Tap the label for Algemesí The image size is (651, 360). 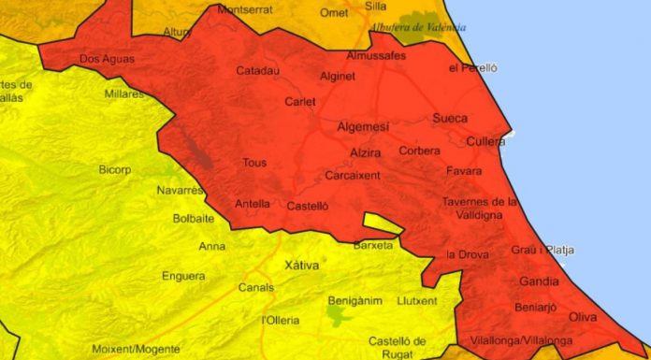362,126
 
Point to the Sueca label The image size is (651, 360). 450,119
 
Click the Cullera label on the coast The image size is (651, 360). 485,142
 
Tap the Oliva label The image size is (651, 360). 582,317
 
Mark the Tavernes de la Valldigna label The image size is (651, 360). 479,208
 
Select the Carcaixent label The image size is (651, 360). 352,175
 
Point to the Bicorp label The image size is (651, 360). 117,169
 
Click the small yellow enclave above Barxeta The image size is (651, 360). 382,223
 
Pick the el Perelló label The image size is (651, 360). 473,68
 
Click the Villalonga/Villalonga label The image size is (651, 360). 522,340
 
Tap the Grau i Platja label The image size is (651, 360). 542,250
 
